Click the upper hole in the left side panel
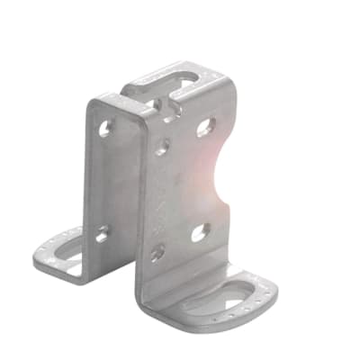(x=104, y=129)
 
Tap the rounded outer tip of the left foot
(x=38, y=261)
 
